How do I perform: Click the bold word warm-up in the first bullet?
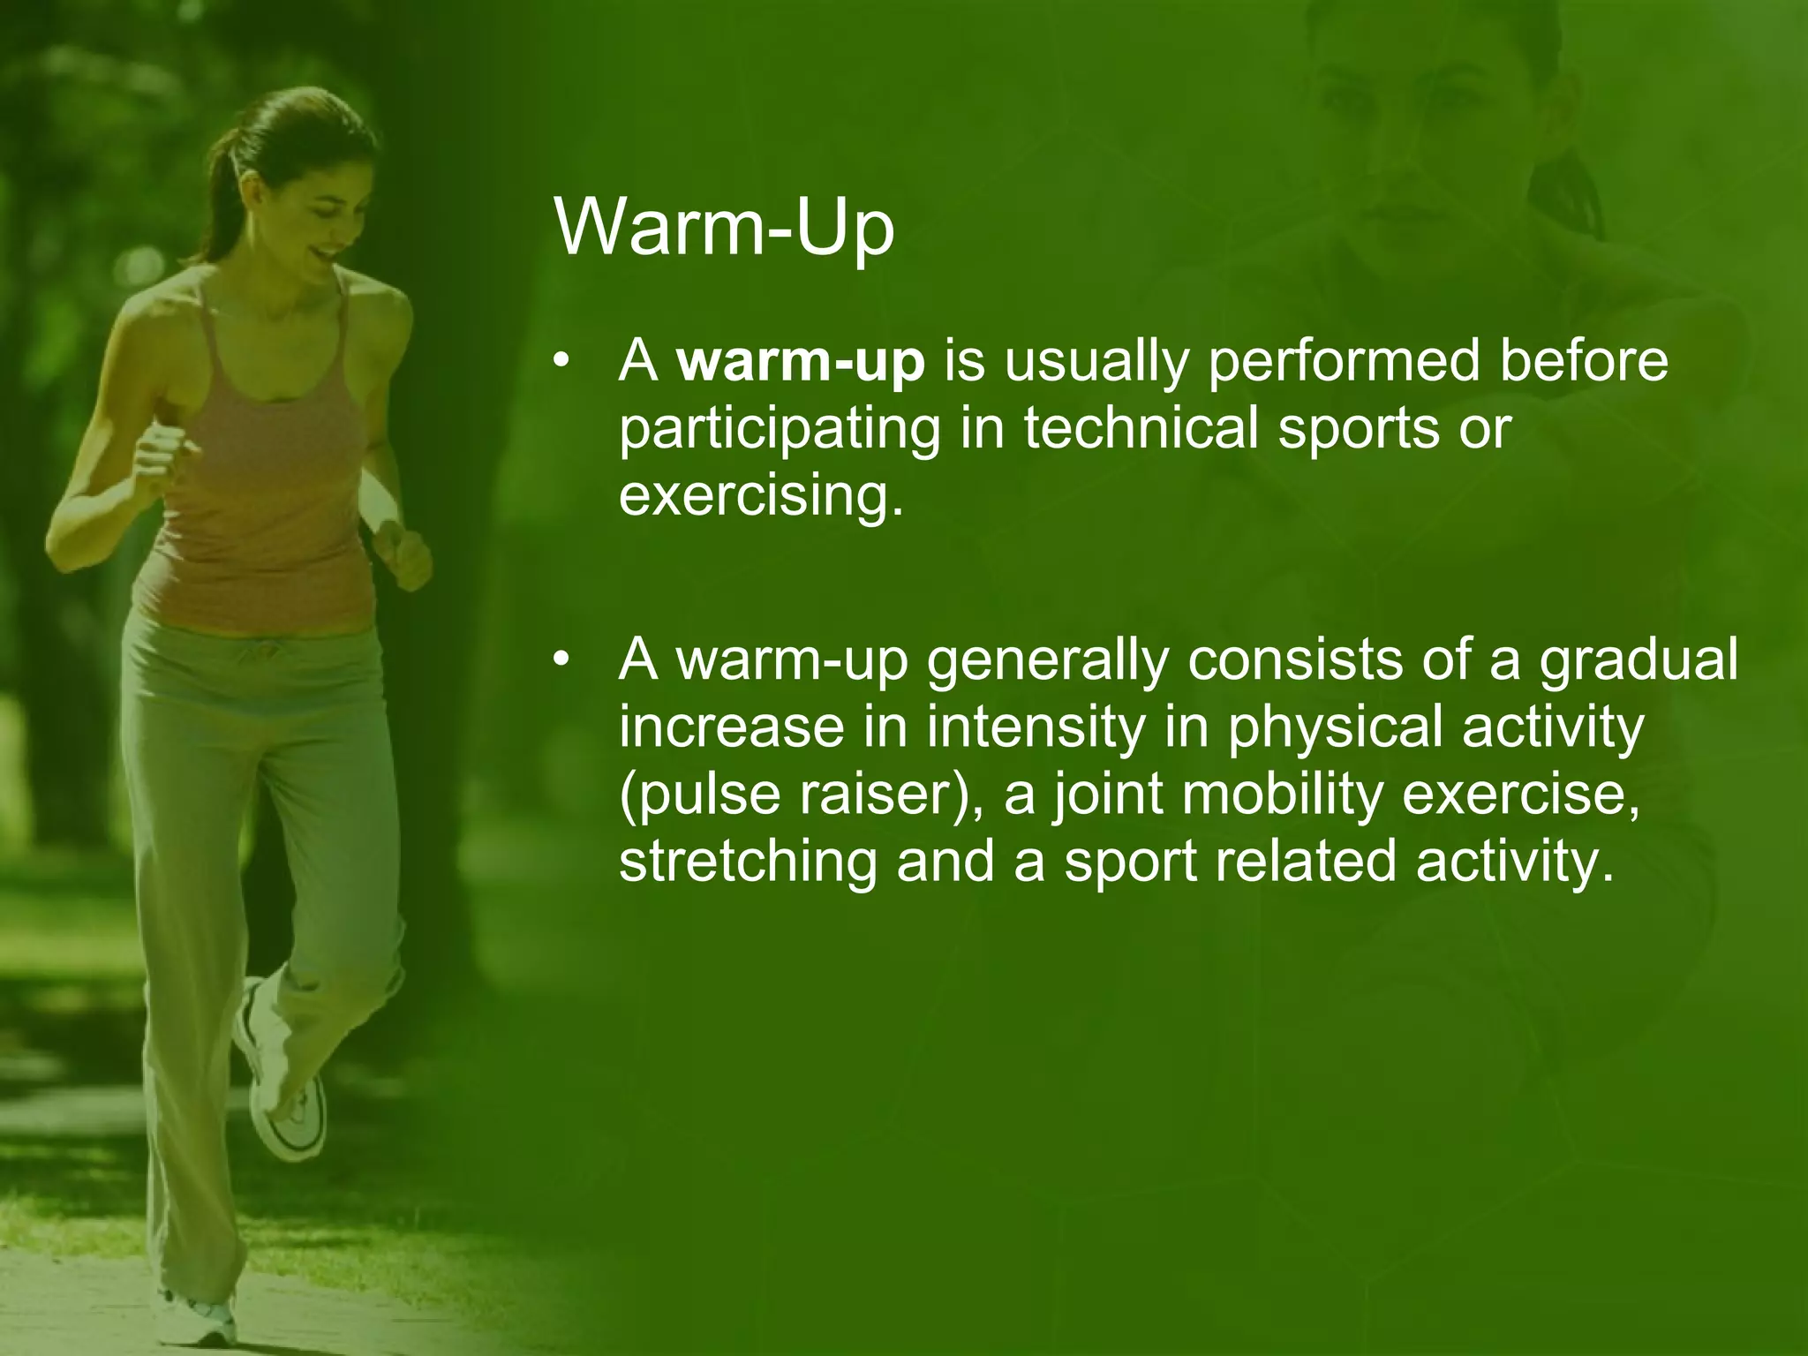click(801, 362)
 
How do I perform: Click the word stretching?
click(748, 862)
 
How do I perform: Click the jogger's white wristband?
click(381, 501)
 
